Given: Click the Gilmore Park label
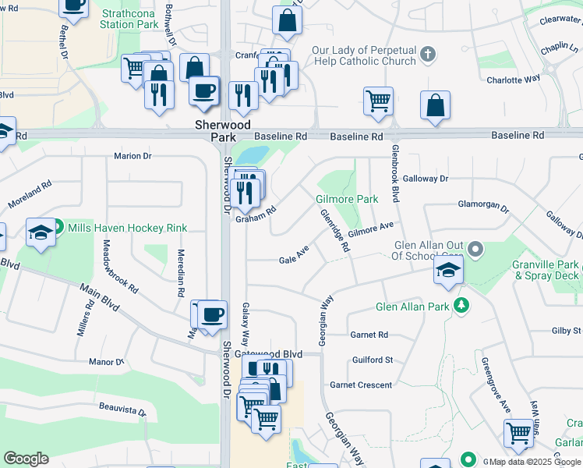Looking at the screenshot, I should click(347, 199).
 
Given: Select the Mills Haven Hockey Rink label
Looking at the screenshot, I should click(127, 228).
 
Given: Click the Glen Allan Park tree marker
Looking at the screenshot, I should click(461, 305).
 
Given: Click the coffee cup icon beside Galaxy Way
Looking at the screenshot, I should click(212, 314).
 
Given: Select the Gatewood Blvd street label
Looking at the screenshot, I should click(268, 353).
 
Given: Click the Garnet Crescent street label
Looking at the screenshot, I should click(361, 385).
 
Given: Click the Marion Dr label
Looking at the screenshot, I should click(132, 156).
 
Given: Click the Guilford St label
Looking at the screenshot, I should click(373, 360).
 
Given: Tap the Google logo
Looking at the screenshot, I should click(26, 459).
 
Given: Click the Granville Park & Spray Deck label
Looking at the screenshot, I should click(546, 270).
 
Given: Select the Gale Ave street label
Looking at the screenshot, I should click(295, 255).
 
